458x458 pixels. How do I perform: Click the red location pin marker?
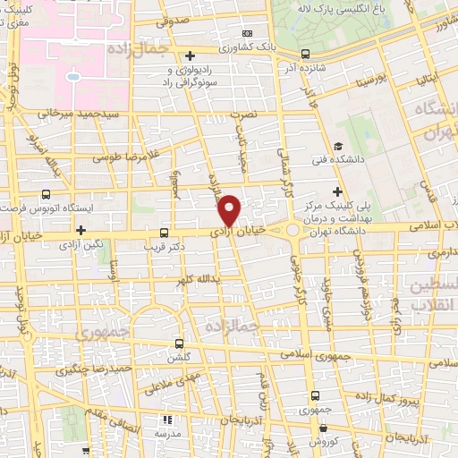(x=230, y=209)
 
